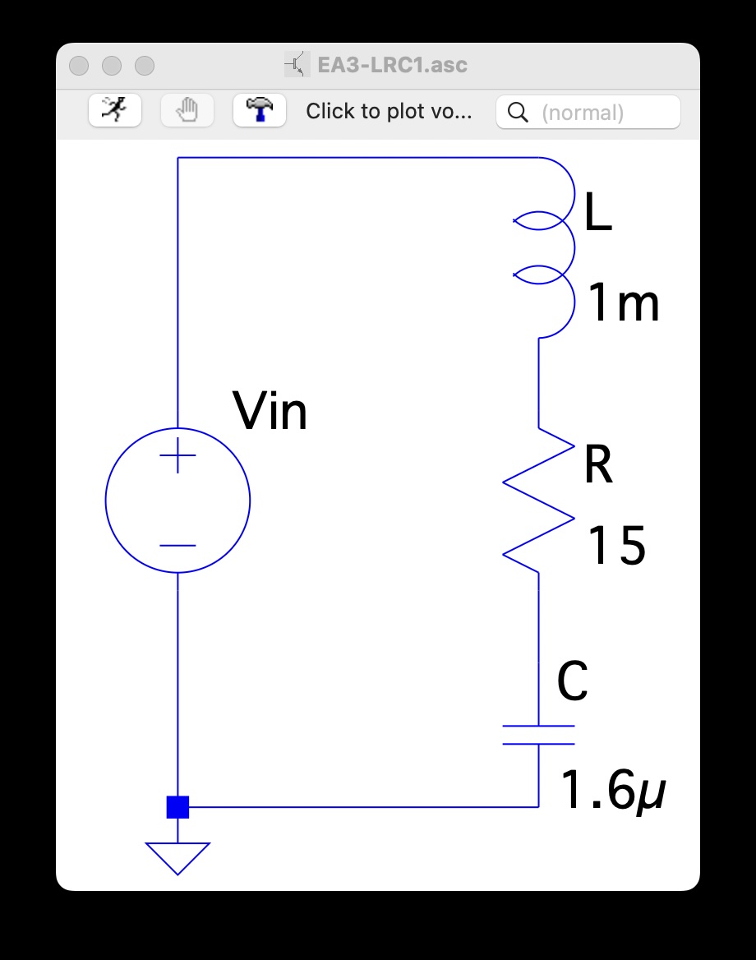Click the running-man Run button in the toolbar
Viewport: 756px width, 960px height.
point(115,110)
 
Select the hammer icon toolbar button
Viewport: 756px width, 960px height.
point(260,110)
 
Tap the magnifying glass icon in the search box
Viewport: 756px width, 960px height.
point(518,113)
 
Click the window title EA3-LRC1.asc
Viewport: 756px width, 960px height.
point(392,65)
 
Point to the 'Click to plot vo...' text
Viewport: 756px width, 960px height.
point(389,112)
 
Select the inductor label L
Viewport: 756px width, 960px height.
point(597,215)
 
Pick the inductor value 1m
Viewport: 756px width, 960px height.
point(624,304)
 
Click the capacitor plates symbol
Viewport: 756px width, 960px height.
point(539,735)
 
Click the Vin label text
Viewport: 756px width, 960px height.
point(270,411)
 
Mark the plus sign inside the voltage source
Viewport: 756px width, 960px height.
point(177,455)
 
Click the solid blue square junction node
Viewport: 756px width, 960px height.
point(177,807)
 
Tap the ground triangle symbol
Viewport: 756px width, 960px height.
point(177,857)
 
